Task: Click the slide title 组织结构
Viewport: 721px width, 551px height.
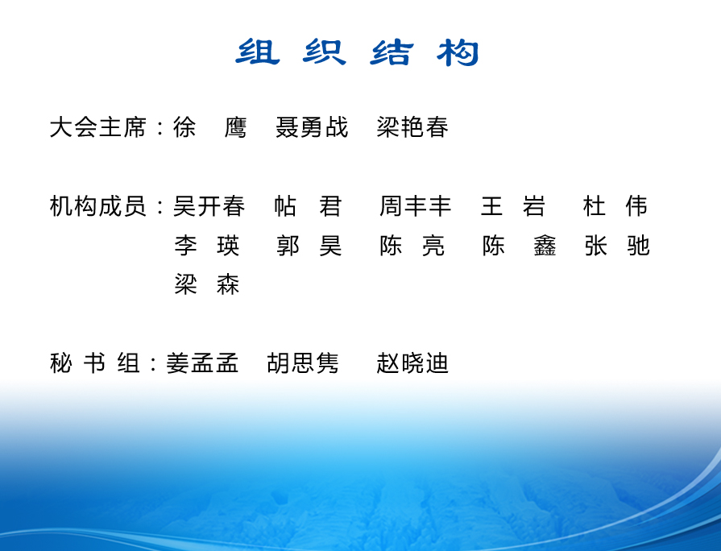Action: [x=357, y=52]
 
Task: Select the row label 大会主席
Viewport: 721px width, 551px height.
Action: [x=98, y=127]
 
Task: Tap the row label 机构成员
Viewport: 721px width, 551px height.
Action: [x=98, y=205]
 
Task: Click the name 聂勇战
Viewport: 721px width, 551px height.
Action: [x=312, y=127]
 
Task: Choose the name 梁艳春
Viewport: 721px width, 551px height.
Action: [x=412, y=127]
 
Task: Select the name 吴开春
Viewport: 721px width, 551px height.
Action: [x=209, y=205]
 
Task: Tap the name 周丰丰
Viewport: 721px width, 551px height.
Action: [x=415, y=205]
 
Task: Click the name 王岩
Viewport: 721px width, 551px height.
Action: [x=512, y=205]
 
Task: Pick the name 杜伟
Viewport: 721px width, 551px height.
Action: [x=615, y=205]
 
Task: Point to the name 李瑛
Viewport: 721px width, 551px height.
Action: [x=207, y=245]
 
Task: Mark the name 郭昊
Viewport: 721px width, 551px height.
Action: [x=309, y=245]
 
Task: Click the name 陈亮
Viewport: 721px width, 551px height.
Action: [x=412, y=245]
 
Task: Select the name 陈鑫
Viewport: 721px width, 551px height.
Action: [x=519, y=245]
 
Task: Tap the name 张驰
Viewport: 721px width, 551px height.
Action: [x=617, y=245]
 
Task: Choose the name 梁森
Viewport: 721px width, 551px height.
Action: [x=207, y=284]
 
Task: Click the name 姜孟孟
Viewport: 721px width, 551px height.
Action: [x=202, y=362]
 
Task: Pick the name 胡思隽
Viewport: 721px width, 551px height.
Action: [x=303, y=362]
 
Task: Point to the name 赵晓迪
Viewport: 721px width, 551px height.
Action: [x=412, y=362]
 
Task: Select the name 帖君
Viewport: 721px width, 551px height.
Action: [x=308, y=205]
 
